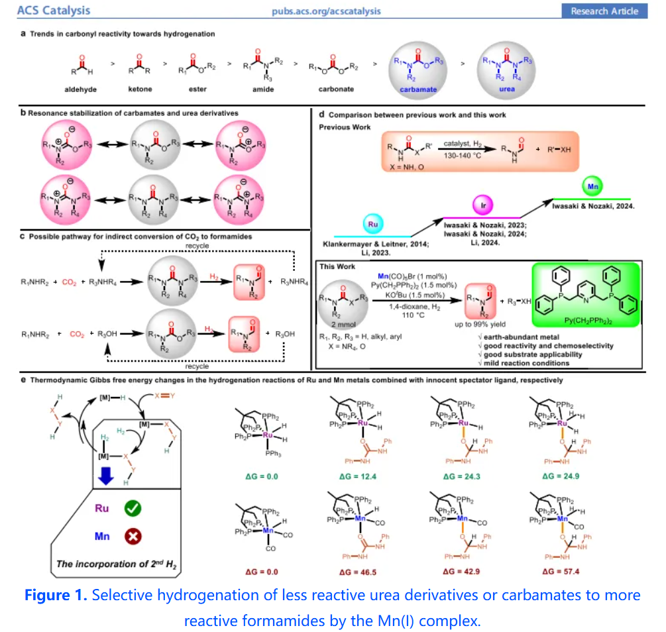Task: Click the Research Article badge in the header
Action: (x=604, y=11)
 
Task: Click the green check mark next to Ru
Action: (x=133, y=508)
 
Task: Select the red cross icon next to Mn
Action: (x=133, y=535)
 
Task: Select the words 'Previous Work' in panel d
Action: (x=345, y=127)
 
